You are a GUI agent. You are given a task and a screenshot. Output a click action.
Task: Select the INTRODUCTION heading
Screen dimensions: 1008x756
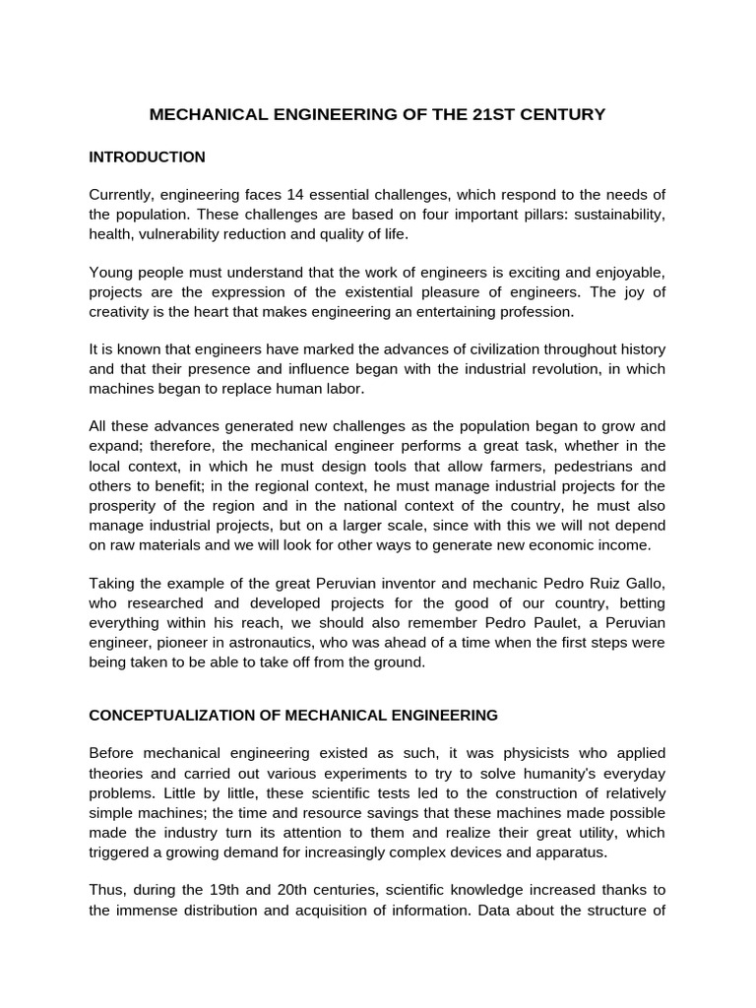click(147, 157)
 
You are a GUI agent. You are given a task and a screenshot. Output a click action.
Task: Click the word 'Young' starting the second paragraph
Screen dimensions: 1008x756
click(110, 273)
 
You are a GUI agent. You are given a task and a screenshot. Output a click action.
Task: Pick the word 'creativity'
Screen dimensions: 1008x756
click(119, 311)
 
